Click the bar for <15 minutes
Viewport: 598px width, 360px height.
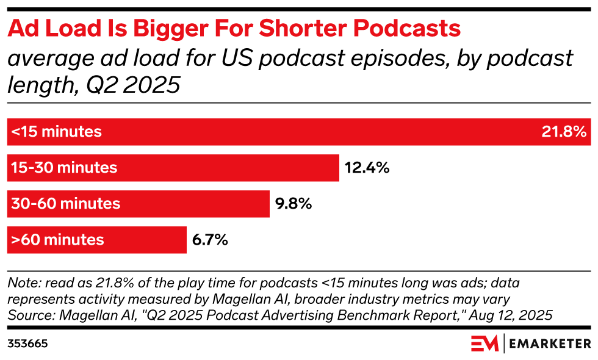pos(299,132)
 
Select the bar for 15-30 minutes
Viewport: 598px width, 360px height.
pos(173,168)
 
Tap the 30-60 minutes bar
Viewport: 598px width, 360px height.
pos(139,204)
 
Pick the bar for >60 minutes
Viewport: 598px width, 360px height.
pos(97,240)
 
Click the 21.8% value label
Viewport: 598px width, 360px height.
pos(564,132)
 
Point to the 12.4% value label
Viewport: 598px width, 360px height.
pos(367,168)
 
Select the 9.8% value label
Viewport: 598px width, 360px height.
pos(294,204)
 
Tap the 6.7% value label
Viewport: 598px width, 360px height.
pos(210,240)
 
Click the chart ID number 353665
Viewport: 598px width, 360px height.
pos(27,344)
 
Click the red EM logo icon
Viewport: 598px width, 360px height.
pos(485,344)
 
